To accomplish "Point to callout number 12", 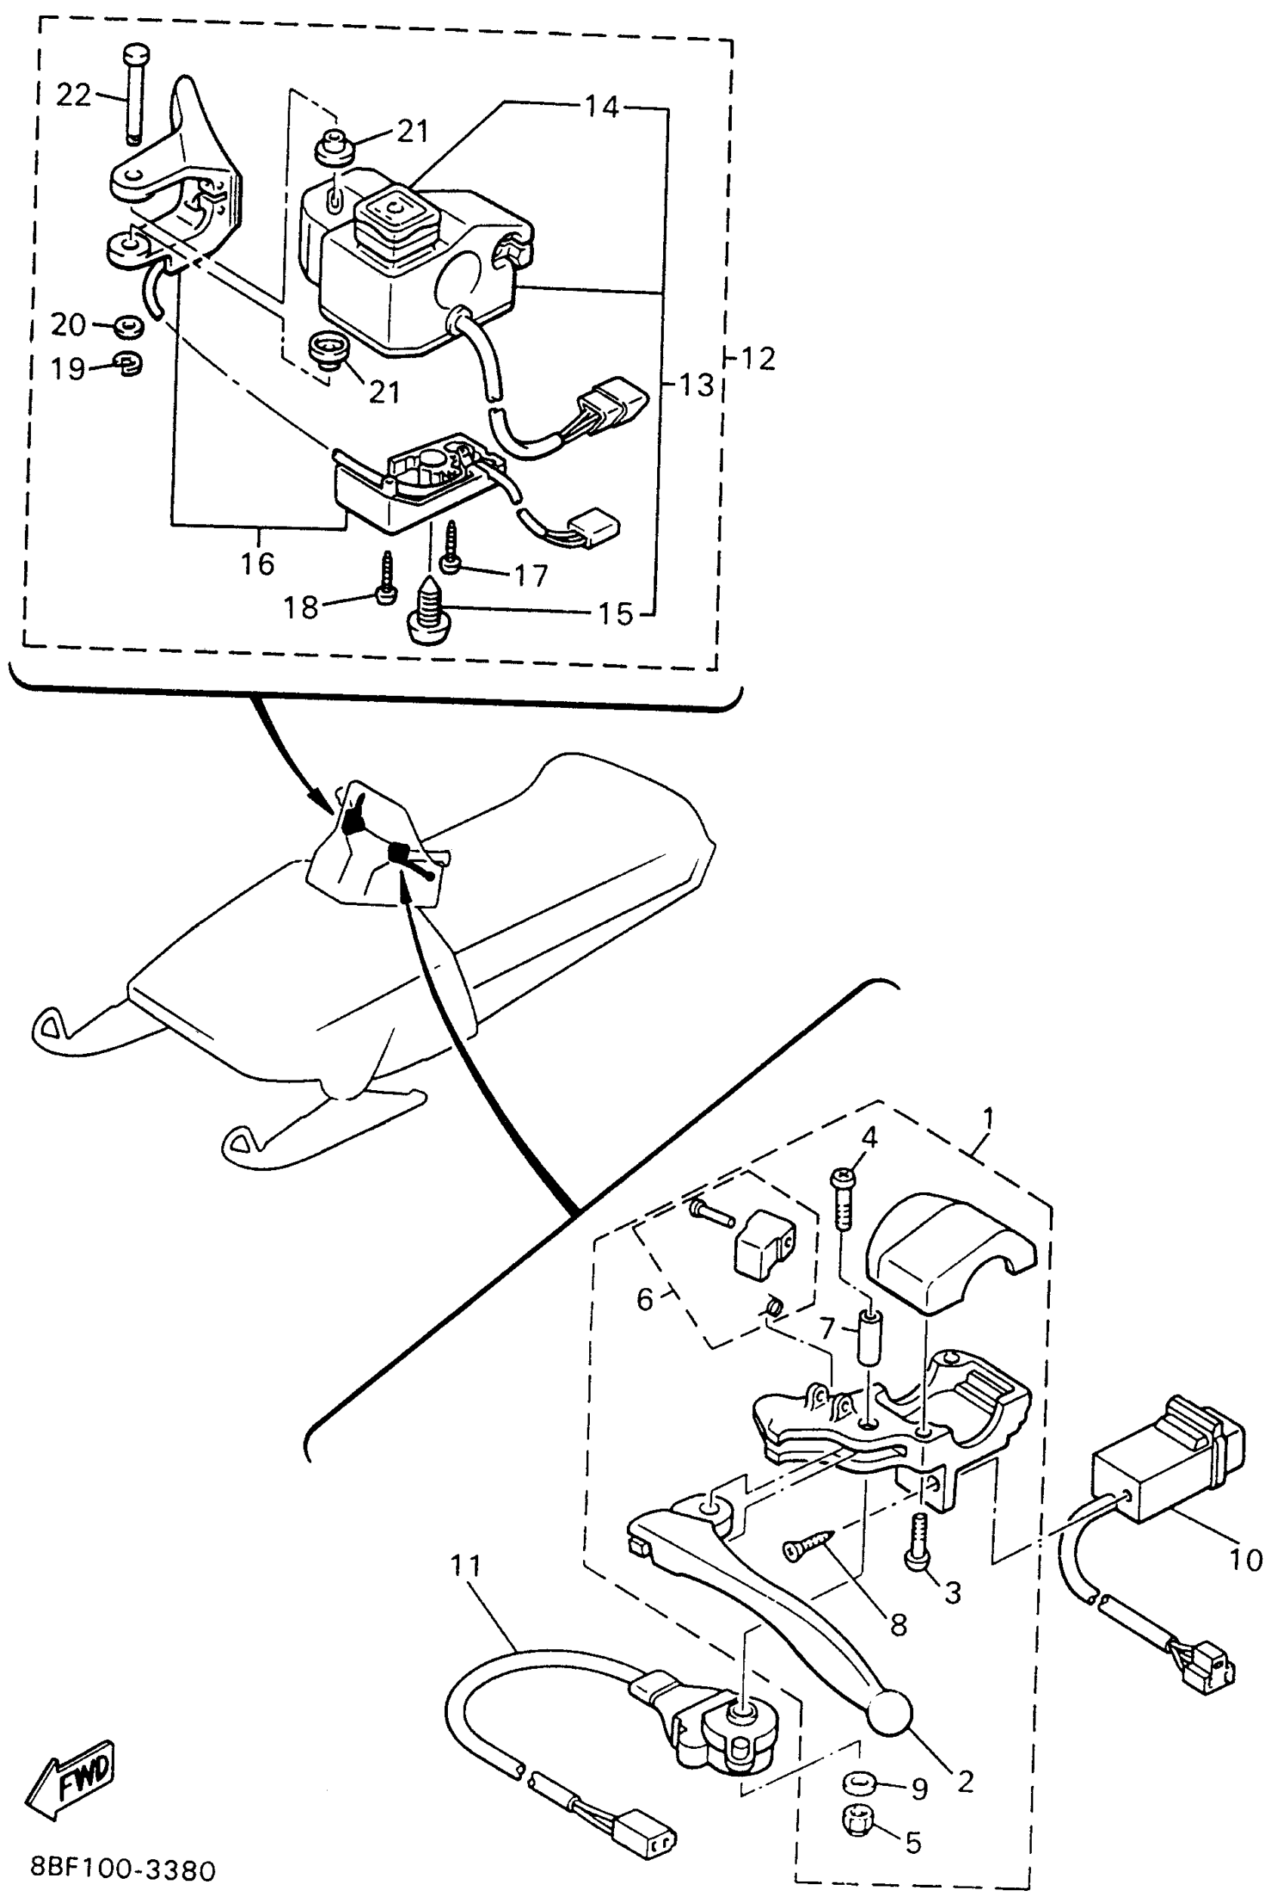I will [757, 359].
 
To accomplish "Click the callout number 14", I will [603, 107].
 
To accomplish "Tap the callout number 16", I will [257, 564].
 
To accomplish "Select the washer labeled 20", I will [128, 326].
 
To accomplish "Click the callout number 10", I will [1245, 1560].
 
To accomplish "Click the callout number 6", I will [645, 1299].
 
